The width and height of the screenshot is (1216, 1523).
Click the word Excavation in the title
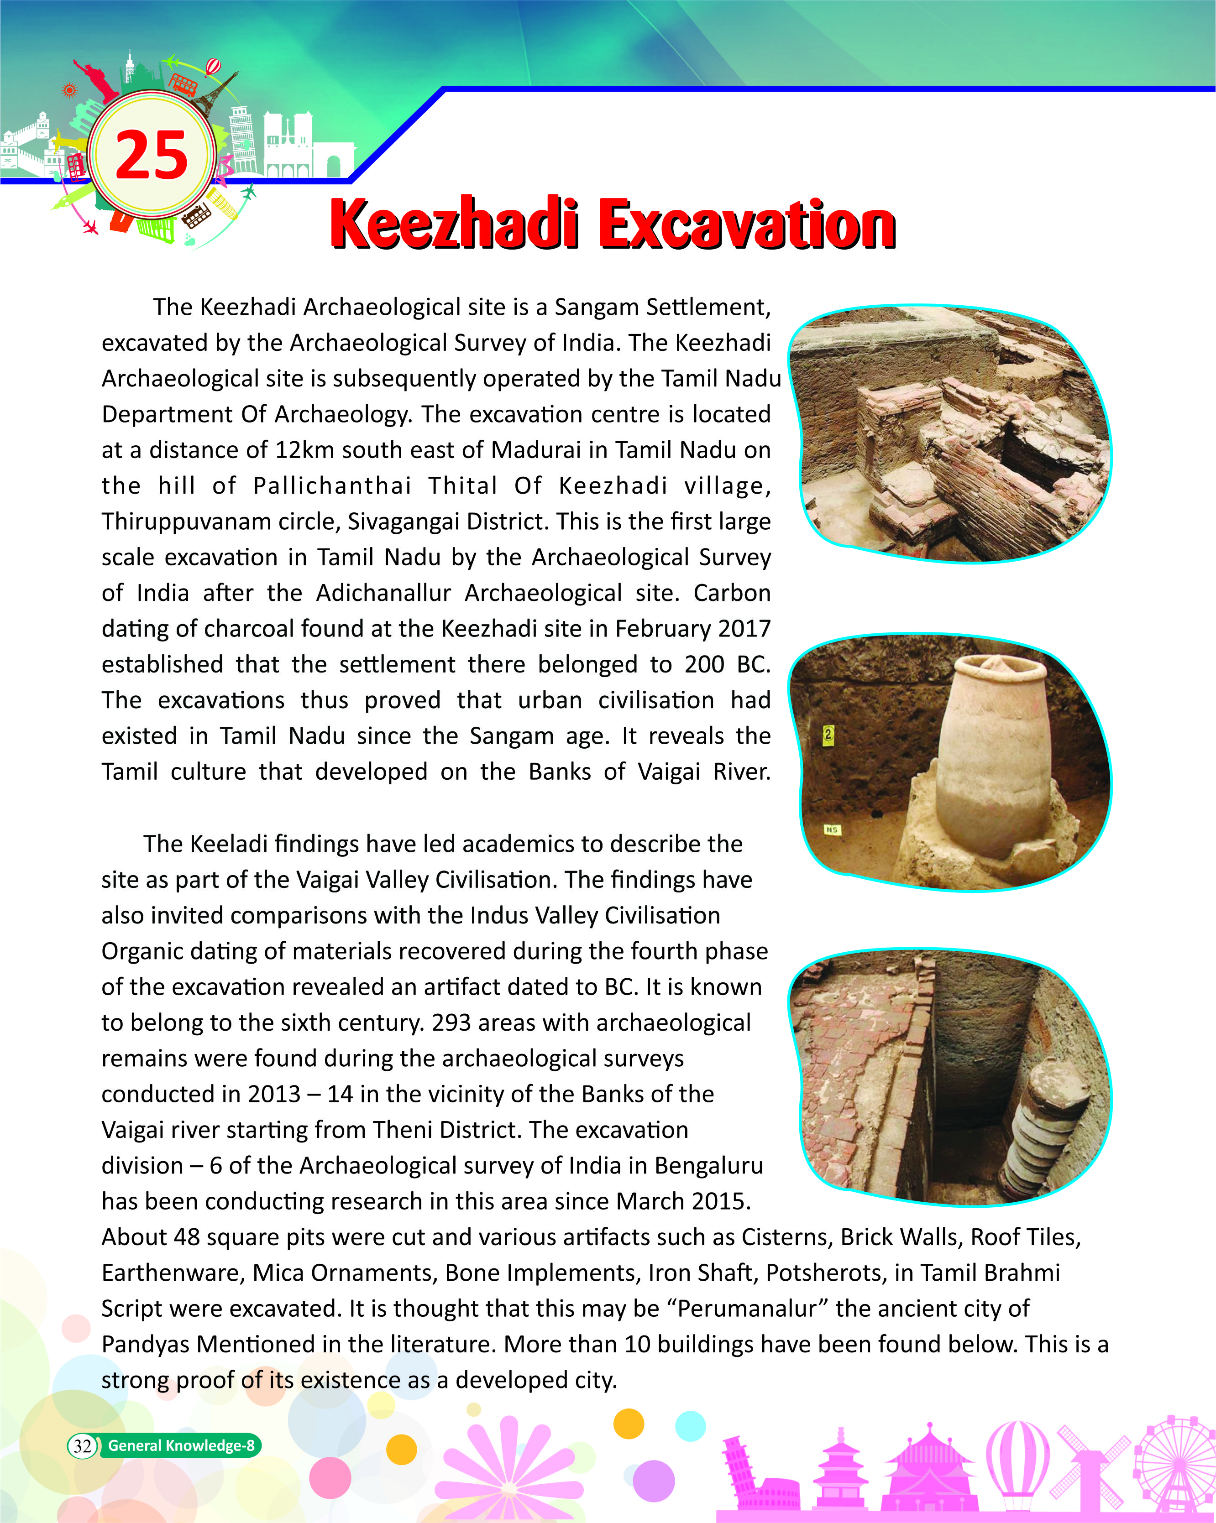pyautogui.click(x=748, y=224)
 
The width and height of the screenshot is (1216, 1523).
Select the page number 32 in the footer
pyautogui.click(x=83, y=1445)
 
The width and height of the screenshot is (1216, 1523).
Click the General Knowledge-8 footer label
pyautogui.click(x=181, y=1445)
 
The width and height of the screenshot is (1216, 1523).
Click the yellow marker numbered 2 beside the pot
pyautogui.click(x=829, y=735)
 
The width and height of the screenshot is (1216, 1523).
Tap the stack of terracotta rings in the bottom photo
pyautogui.click(x=1046, y=1130)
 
